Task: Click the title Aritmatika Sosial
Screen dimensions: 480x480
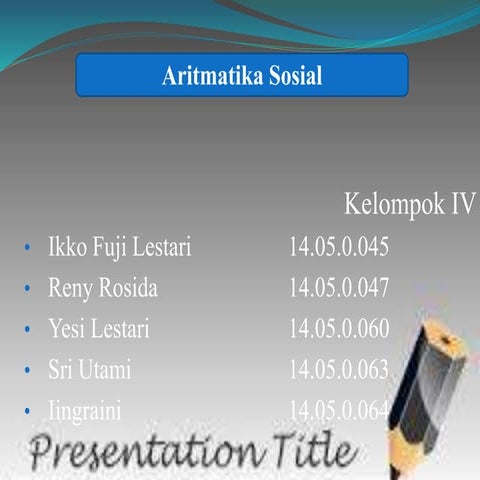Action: point(242,76)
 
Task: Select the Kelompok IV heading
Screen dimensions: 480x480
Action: point(409,204)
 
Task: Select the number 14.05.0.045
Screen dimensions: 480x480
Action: point(338,247)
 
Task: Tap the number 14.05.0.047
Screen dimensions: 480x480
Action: point(338,289)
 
